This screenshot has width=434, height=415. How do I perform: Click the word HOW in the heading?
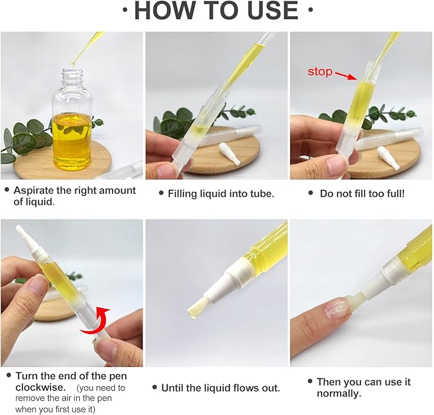pos(163,11)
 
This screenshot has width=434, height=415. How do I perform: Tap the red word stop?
pos(320,72)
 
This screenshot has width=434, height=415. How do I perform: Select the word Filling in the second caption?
pos(183,193)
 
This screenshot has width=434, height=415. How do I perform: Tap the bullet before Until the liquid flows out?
pos(155,388)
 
